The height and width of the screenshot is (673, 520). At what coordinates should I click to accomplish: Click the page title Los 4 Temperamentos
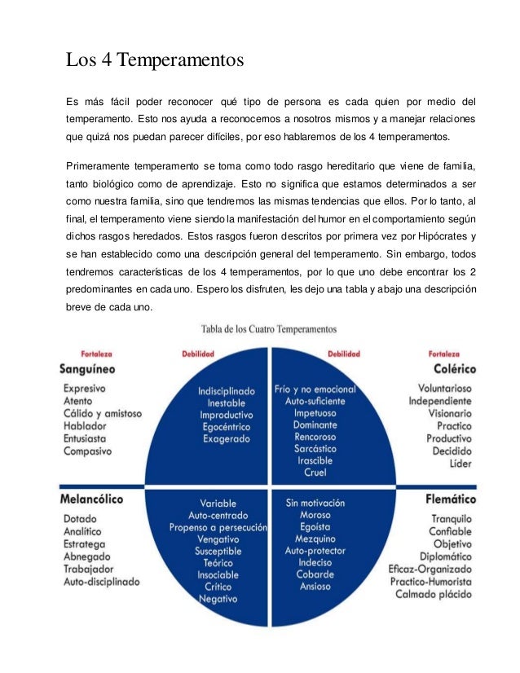155,60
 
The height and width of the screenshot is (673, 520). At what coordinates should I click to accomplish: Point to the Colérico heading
449,369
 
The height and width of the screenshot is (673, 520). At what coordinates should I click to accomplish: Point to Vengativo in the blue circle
218,539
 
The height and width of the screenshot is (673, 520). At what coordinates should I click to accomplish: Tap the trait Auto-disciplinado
102,582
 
